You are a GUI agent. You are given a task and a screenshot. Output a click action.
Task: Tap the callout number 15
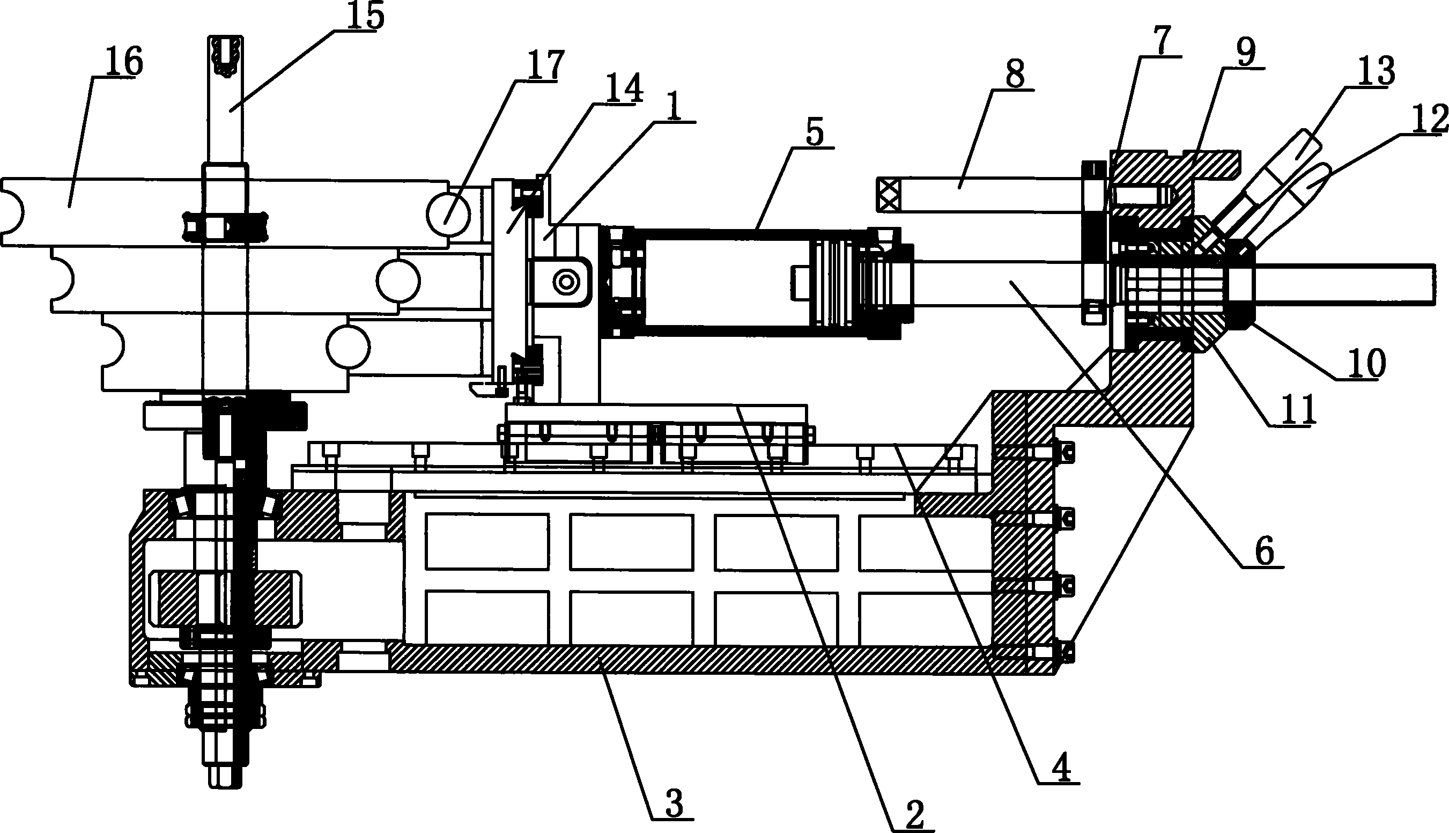[x=365, y=15]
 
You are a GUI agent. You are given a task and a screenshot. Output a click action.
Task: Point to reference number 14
[x=624, y=88]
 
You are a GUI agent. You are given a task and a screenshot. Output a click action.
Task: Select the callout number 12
[x=1245, y=53]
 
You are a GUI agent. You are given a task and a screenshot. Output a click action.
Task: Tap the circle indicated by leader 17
[x=448, y=215]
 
